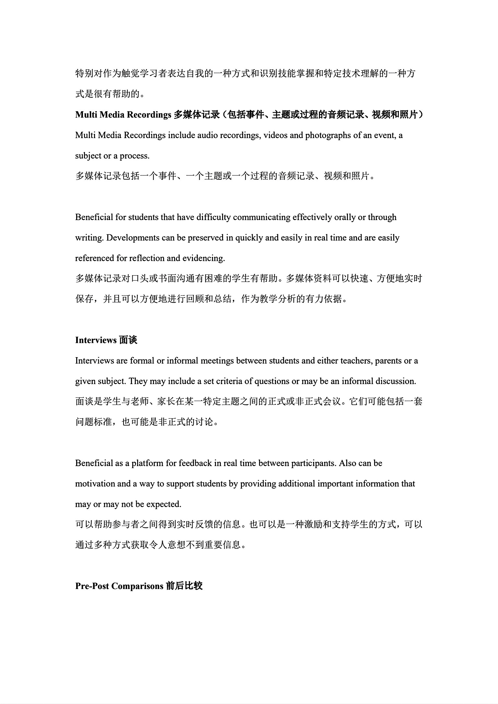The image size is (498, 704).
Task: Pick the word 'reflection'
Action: (x=147, y=258)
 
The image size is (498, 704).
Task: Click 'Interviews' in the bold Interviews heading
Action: (x=96, y=340)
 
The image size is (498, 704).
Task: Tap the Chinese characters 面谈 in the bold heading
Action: (x=128, y=340)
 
